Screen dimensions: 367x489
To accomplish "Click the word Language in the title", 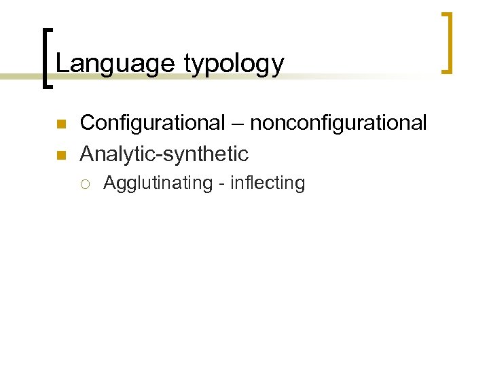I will [x=115, y=63].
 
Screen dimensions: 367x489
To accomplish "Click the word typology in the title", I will [x=234, y=64].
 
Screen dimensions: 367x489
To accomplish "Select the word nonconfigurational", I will [x=338, y=123].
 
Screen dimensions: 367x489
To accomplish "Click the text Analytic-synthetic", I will [x=164, y=154].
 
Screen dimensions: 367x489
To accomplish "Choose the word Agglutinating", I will [x=158, y=183].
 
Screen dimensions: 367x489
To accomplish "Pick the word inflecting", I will [x=268, y=183].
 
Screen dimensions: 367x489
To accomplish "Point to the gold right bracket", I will [x=447, y=42].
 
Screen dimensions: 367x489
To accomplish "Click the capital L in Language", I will [x=61, y=63].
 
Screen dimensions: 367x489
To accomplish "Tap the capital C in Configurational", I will [x=87, y=123].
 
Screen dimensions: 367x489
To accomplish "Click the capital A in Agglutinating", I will [x=109, y=183].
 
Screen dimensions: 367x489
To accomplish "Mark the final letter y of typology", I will [x=278, y=66].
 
